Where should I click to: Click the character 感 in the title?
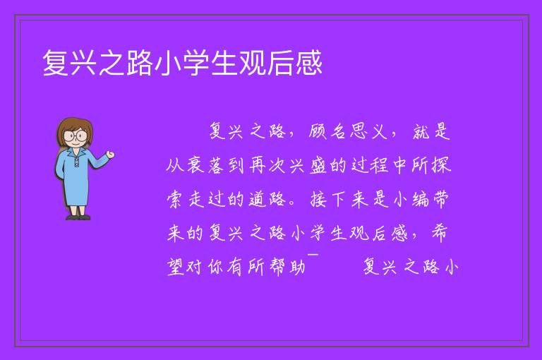(x=309, y=63)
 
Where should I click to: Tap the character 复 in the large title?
(x=56, y=63)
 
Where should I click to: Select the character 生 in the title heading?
(x=224, y=63)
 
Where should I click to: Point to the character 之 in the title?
(x=112, y=63)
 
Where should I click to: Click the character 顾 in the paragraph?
(x=318, y=131)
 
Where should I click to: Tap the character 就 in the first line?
(x=421, y=131)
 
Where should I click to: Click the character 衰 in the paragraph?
(x=196, y=165)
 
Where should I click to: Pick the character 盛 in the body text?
(x=318, y=165)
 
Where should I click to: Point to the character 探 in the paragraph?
(x=440, y=165)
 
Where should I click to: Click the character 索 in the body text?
(x=175, y=199)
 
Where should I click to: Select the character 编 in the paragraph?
(x=421, y=199)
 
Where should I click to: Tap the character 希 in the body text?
(x=440, y=233)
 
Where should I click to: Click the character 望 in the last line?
(x=176, y=267)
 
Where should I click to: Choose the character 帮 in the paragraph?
(x=277, y=267)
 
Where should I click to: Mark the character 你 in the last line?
(x=217, y=267)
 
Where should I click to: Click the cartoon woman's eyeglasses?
(x=75, y=136)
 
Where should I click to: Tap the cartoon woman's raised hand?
(x=110, y=155)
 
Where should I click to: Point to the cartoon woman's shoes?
(x=78, y=217)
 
